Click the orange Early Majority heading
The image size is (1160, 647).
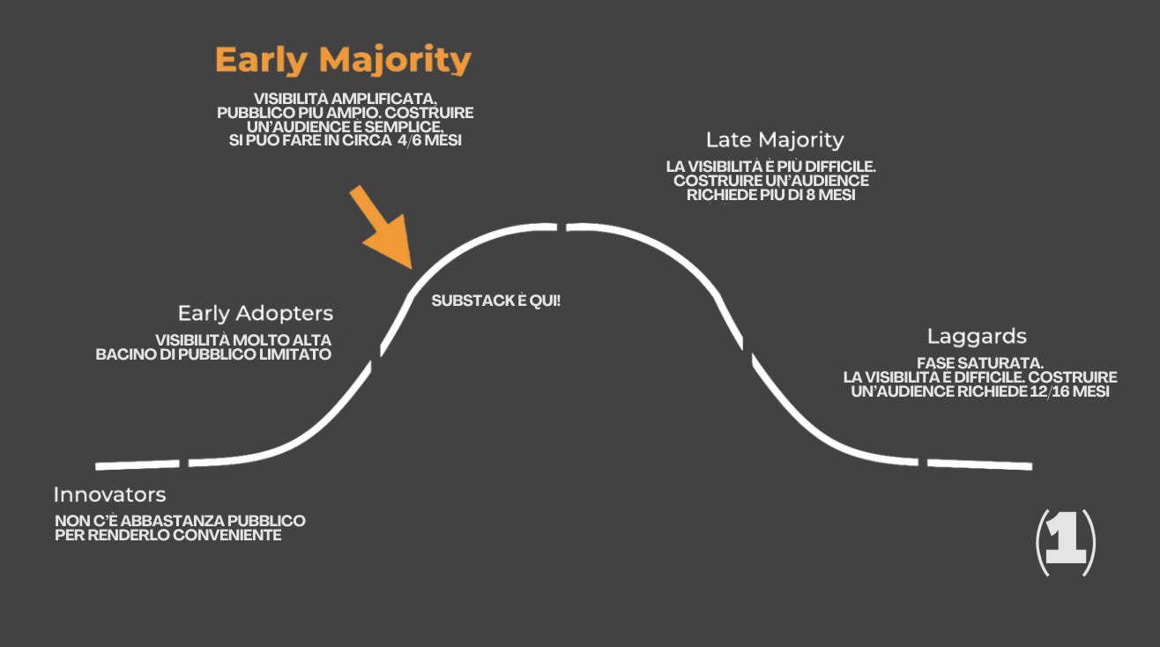343,61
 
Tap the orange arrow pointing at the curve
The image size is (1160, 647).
382,227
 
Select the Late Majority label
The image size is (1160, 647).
775,139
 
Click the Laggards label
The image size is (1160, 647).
977,336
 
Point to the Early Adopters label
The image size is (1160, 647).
256,313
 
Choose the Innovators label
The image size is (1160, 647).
109,494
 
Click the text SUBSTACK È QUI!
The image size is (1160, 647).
496,301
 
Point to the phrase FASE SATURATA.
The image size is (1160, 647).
980,362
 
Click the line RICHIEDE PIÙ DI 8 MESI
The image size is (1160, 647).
771,195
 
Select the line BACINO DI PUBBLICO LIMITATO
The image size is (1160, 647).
214,354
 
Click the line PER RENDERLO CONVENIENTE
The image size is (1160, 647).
168,535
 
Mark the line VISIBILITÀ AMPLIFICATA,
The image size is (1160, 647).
346,99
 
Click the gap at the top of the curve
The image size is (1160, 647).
561,227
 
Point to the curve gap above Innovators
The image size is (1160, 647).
184,463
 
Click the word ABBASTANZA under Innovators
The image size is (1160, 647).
160,521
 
